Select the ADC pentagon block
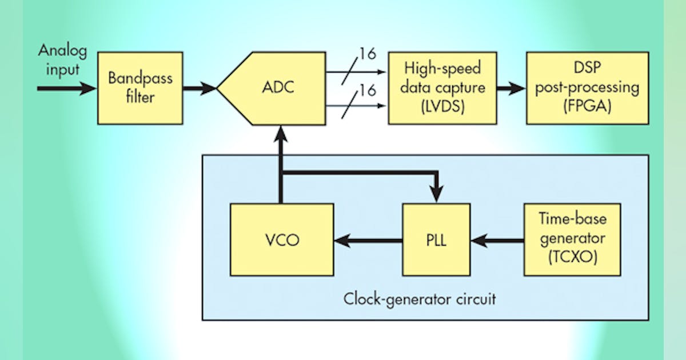(268, 88)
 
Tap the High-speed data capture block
(442, 88)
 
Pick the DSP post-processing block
(587, 88)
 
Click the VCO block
(282, 241)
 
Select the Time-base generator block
(572, 241)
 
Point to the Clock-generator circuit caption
(420, 299)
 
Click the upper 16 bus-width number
(368, 55)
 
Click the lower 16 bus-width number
(368, 90)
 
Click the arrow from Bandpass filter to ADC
(200, 88)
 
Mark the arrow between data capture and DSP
(510, 88)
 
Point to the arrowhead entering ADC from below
(280, 134)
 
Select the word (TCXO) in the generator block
(572, 258)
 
